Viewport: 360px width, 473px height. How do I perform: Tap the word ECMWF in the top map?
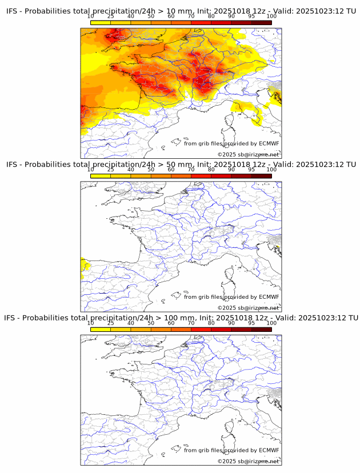[x=269, y=143]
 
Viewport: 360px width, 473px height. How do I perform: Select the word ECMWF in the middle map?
[x=269, y=297]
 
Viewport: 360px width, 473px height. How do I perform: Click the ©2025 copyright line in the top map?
[x=248, y=155]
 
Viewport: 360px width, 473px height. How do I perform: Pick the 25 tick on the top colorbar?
[x=111, y=17]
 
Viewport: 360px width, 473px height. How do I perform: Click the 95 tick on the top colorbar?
[x=251, y=17]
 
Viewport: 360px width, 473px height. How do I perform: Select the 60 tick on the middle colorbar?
[x=171, y=170]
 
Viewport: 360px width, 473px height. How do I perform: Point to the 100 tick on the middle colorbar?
[x=271, y=170]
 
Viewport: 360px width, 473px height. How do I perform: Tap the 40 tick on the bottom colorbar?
[x=131, y=323]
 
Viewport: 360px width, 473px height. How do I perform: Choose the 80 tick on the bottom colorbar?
[x=211, y=323]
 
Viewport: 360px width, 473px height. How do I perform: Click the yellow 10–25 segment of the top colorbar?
[x=101, y=22]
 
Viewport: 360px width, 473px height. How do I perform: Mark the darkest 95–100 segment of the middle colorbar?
[x=261, y=176]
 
